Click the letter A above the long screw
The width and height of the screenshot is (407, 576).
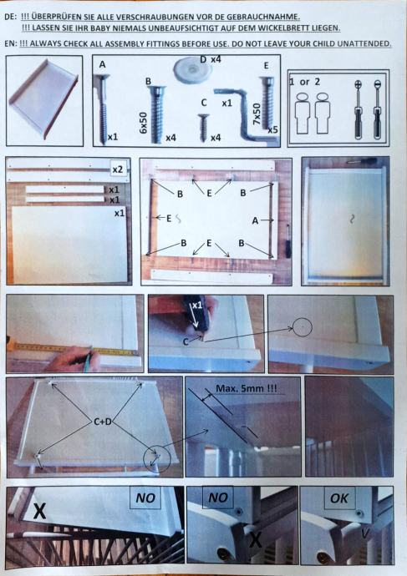pyautogui.click(x=102, y=64)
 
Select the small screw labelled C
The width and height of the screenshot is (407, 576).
pyautogui.click(x=203, y=128)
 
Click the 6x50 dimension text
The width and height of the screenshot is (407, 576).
pyautogui.click(x=144, y=123)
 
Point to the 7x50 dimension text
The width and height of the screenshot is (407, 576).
pyautogui.click(x=257, y=114)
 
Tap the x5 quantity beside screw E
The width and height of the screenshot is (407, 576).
pyautogui.click(x=272, y=129)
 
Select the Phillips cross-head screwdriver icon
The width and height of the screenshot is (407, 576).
pyautogui.click(x=358, y=109)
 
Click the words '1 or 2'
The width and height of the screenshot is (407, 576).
pyautogui.click(x=305, y=82)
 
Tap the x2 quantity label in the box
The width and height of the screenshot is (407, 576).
pyautogui.click(x=118, y=169)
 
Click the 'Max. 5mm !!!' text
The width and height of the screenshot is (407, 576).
pyautogui.click(x=247, y=388)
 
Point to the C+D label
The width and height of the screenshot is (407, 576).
pyautogui.click(x=103, y=422)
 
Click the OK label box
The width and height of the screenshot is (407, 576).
pyautogui.click(x=339, y=498)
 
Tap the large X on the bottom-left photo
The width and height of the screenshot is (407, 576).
pyautogui.click(x=39, y=511)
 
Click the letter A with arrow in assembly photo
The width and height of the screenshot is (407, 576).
pyautogui.click(x=262, y=220)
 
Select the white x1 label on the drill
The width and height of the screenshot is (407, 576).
pyautogui.click(x=197, y=306)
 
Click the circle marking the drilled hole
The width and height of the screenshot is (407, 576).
pyautogui.click(x=303, y=327)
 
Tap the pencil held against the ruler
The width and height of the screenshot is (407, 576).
pyautogui.click(x=88, y=357)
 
